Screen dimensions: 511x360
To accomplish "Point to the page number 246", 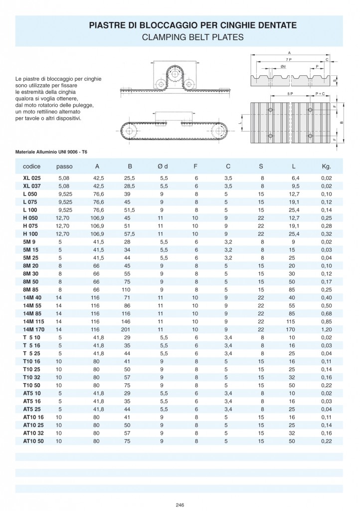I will click(x=180, y=505).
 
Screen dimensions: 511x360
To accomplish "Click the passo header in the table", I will click(x=64, y=166).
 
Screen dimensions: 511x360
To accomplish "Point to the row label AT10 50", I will click(x=33, y=441).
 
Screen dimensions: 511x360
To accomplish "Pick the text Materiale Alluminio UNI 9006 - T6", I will click(x=55, y=151).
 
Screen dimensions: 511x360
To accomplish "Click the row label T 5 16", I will click(x=32, y=345).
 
